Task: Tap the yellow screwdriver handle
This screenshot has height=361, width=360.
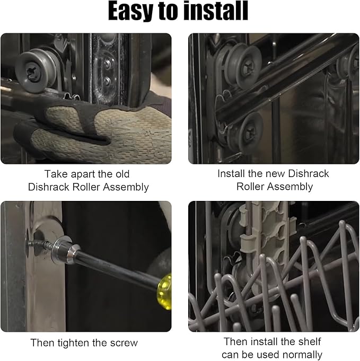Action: tap(164, 292)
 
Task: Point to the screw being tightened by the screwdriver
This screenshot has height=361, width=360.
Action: tap(39, 244)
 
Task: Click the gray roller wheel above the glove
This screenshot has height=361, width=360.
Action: tap(36, 72)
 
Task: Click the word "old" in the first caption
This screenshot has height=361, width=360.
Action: tap(122, 174)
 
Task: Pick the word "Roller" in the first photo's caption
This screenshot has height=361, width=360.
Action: tap(86, 187)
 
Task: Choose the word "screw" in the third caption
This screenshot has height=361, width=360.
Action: tap(124, 343)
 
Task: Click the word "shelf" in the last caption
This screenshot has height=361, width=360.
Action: tap(308, 341)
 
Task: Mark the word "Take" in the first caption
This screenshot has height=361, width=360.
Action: tap(56, 174)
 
